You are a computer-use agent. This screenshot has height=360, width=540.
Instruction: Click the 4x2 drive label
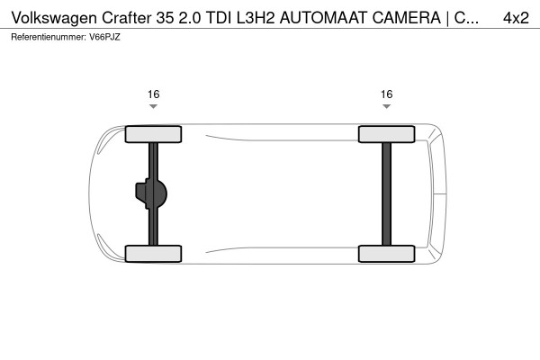(515, 18)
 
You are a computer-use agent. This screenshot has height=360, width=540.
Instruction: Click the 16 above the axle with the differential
(154, 94)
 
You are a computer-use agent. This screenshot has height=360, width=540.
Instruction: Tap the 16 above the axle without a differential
(386, 94)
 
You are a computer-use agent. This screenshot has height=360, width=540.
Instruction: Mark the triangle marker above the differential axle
(154, 106)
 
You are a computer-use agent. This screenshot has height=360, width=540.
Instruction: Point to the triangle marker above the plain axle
(386, 106)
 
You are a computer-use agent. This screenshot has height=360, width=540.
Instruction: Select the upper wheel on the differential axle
(154, 134)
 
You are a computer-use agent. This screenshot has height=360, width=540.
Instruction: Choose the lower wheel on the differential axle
(154, 253)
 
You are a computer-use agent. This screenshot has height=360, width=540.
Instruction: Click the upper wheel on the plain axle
(386, 134)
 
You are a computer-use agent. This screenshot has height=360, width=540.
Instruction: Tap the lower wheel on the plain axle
(386, 253)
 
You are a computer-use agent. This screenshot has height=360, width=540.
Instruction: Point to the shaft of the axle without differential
(386, 193)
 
